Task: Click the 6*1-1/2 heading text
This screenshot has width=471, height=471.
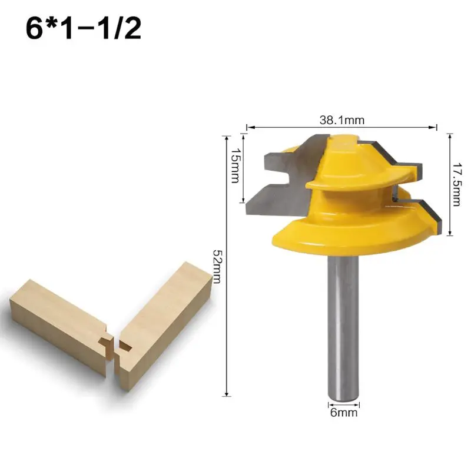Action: click(83, 29)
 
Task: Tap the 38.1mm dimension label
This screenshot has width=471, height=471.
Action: click(341, 120)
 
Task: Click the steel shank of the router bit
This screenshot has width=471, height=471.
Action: click(343, 324)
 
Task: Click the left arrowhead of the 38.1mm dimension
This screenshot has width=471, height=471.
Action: click(248, 126)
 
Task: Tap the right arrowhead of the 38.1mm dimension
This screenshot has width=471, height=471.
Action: click(436, 126)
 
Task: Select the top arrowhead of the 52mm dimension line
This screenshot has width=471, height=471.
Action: click(226, 136)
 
